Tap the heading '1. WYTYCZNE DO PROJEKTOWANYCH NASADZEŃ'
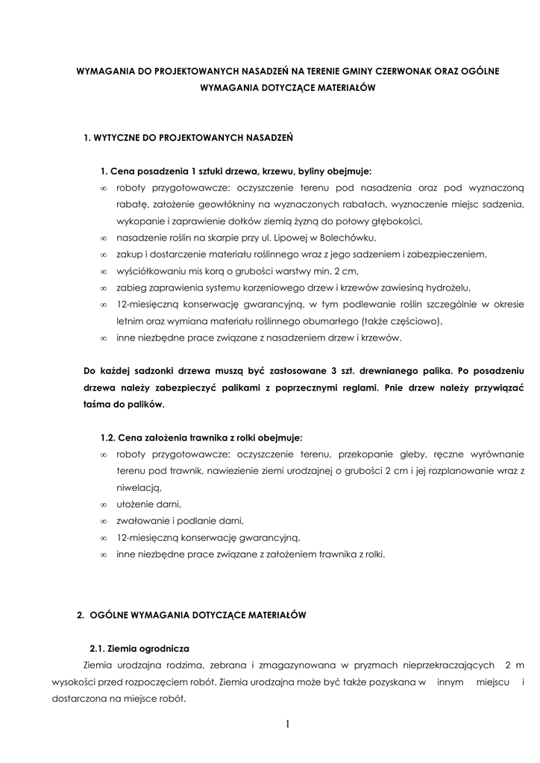188,138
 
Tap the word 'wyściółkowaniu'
150,271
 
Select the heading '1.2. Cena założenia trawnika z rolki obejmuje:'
201,437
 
